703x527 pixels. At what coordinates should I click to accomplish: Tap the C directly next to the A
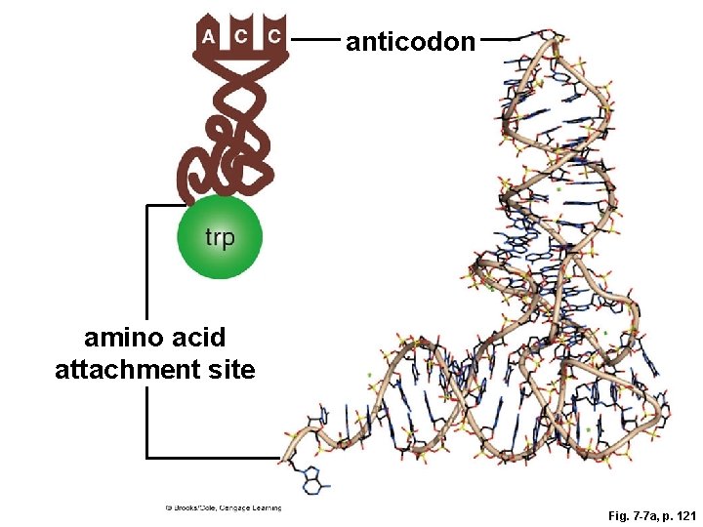tap(241, 36)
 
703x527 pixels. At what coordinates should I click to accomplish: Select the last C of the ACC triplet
tap(274, 37)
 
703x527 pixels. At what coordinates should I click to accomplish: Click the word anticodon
tap(410, 42)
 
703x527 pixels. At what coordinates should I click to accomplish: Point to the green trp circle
tap(220, 237)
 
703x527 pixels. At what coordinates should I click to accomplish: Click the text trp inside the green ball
tap(220, 237)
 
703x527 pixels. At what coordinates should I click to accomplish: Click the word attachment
tap(133, 370)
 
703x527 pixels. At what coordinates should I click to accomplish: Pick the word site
tap(234, 370)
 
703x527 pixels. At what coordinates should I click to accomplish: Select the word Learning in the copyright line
tap(264, 507)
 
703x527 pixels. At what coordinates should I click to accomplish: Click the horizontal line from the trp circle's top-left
tap(164, 205)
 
